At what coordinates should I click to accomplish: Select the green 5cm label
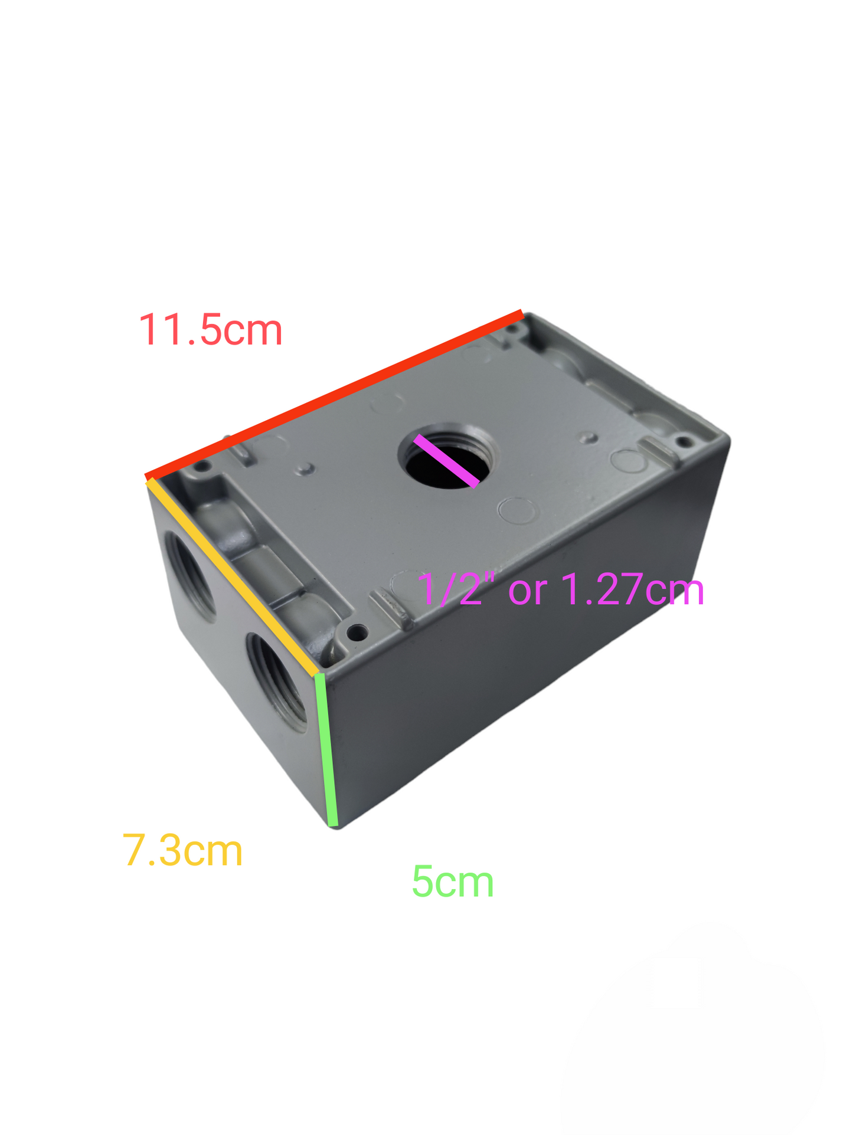pyautogui.click(x=452, y=882)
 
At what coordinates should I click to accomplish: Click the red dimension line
pyautogui.click(x=334, y=395)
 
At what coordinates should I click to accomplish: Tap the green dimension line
pyautogui.click(x=326, y=749)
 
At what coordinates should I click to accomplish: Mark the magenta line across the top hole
pyautogui.click(x=446, y=461)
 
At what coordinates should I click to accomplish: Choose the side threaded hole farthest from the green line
pyautogui.click(x=191, y=575)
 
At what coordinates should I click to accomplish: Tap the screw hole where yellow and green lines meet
pyautogui.click(x=357, y=633)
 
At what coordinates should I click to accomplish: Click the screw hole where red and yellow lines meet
pyautogui.click(x=202, y=466)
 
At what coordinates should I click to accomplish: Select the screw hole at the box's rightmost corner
pyautogui.click(x=684, y=441)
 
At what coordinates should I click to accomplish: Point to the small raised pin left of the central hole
pyautogui.click(x=305, y=470)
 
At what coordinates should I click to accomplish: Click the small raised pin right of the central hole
pyautogui.click(x=588, y=437)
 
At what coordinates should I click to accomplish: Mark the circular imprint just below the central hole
pyautogui.click(x=517, y=510)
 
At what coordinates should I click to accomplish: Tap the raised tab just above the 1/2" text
pyautogui.click(x=390, y=608)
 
